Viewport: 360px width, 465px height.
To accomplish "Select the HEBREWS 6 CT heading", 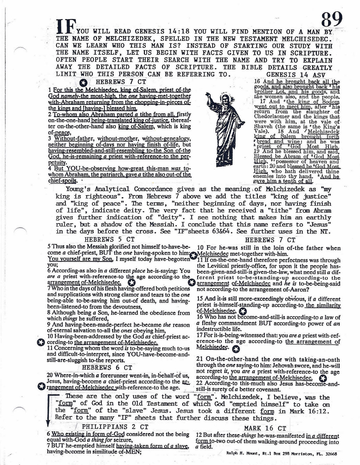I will point(107,367).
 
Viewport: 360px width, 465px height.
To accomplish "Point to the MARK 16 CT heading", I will point(265,428).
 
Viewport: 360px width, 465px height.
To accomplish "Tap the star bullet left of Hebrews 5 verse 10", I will point(41,342).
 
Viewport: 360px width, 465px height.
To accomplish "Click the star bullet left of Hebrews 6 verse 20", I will point(41,386).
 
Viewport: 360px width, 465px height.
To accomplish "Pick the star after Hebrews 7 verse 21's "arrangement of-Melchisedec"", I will point(322,378).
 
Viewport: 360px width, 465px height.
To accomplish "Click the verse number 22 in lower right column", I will point(200,384).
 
